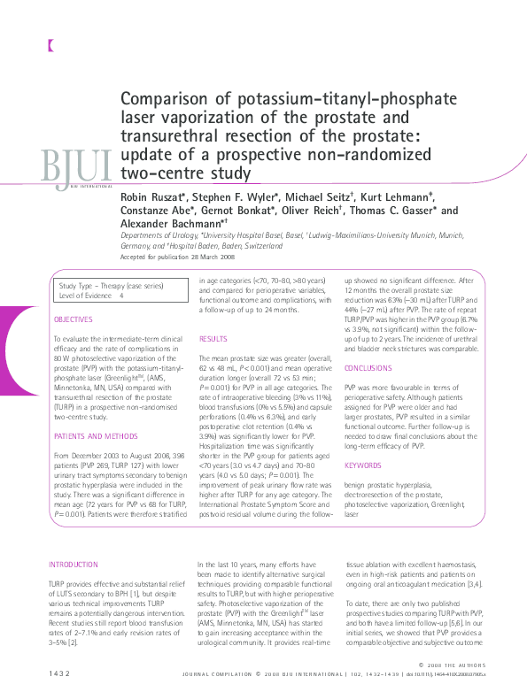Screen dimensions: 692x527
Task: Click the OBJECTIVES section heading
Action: [73, 319]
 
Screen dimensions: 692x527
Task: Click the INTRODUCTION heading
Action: [74, 564]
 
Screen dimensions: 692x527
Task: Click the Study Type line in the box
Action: [104, 287]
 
